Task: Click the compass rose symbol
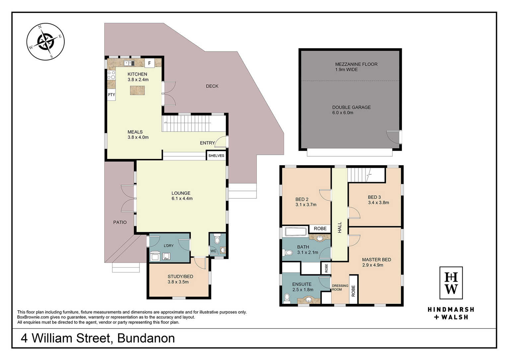(45, 41)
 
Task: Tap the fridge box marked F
(150, 63)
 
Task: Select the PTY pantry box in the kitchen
(111, 95)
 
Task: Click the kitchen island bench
(137, 90)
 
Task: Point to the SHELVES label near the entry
(216, 156)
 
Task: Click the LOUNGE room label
(181, 193)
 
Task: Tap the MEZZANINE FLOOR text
(356, 64)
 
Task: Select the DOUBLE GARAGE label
(351, 107)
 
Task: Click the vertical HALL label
(340, 227)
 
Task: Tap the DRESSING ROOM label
(340, 287)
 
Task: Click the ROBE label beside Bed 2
(320, 228)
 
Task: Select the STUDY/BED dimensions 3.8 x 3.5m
(178, 282)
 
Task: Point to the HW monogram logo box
(451, 283)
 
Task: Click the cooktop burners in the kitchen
(111, 75)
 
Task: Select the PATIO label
(120, 222)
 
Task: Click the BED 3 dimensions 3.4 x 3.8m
(379, 202)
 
